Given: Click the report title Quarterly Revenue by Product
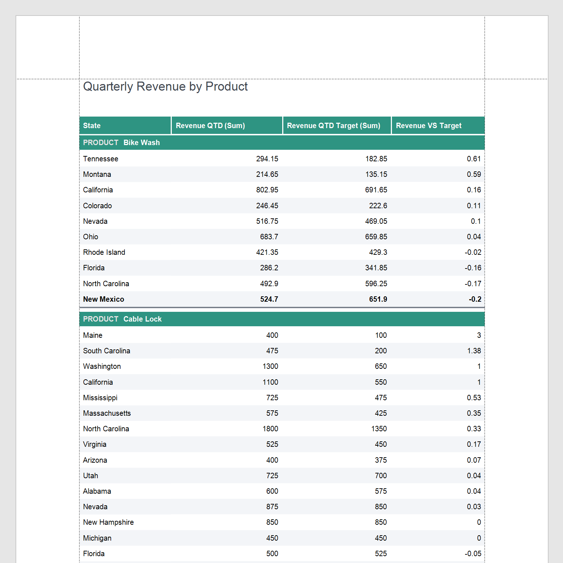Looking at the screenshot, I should (165, 87).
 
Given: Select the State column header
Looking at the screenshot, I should (92, 126).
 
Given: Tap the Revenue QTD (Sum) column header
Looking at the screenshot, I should (210, 126).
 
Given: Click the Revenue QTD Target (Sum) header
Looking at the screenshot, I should (333, 126).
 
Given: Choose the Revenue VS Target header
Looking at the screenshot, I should (428, 126).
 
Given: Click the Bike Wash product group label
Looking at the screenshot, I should (141, 143).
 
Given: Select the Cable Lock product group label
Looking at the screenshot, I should (142, 319).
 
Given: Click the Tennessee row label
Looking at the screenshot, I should (100, 159).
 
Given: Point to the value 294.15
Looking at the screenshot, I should (267, 159).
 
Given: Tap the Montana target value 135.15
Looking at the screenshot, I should (376, 174).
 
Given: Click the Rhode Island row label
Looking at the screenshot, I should (104, 252).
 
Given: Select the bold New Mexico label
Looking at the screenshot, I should (103, 299).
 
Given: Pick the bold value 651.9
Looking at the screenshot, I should (378, 299).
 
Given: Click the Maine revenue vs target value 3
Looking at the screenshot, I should (479, 335).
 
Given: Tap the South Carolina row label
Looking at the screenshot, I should (106, 351).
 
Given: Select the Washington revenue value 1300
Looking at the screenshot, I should (270, 366).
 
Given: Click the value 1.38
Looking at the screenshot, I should (474, 351).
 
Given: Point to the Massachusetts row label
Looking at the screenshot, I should (107, 413).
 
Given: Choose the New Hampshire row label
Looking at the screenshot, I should (108, 522).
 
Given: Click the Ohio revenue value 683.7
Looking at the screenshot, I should (269, 237).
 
